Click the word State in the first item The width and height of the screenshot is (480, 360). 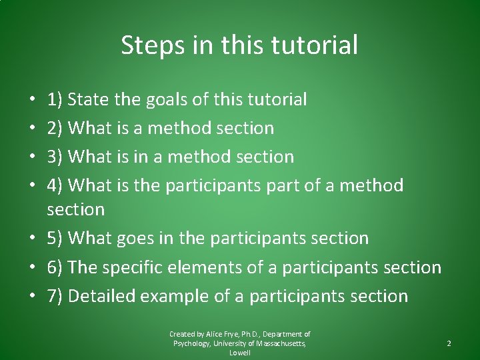click(x=89, y=99)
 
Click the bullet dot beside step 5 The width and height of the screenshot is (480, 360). click(x=33, y=239)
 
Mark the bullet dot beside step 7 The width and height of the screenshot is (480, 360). click(x=33, y=297)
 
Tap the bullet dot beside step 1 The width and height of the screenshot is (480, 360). click(x=33, y=100)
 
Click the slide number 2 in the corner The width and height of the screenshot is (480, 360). click(x=449, y=343)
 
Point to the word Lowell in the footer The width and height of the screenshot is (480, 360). click(x=240, y=353)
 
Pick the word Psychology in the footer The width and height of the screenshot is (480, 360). click(x=190, y=343)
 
